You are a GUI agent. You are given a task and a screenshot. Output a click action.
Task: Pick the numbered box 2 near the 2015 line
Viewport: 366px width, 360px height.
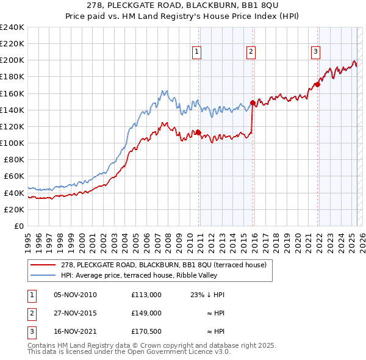click(251, 52)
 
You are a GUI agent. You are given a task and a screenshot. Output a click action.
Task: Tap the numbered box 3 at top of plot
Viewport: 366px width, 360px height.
click(315, 52)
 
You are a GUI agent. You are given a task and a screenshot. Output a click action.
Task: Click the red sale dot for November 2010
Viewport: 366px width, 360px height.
click(198, 132)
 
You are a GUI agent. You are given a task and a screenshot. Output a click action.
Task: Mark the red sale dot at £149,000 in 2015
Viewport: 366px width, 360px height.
click(253, 103)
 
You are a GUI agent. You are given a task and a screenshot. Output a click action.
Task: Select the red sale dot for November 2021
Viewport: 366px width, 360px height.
click(317, 85)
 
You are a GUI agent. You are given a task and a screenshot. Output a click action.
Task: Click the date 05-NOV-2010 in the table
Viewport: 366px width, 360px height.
click(75, 295)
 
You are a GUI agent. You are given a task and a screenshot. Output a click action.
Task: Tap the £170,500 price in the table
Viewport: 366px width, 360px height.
click(146, 331)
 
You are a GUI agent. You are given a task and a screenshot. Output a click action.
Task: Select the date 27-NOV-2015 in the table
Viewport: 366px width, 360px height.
click(75, 313)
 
